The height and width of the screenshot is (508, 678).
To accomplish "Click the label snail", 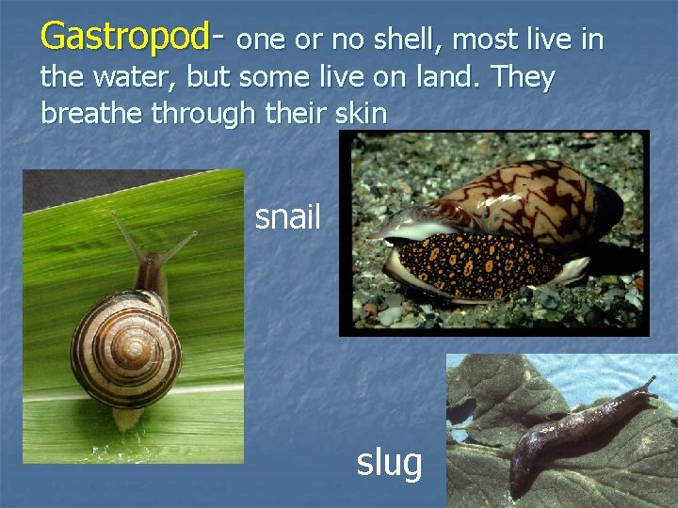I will (x=287, y=217).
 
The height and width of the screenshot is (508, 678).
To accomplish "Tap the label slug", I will (x=388, y=462).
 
